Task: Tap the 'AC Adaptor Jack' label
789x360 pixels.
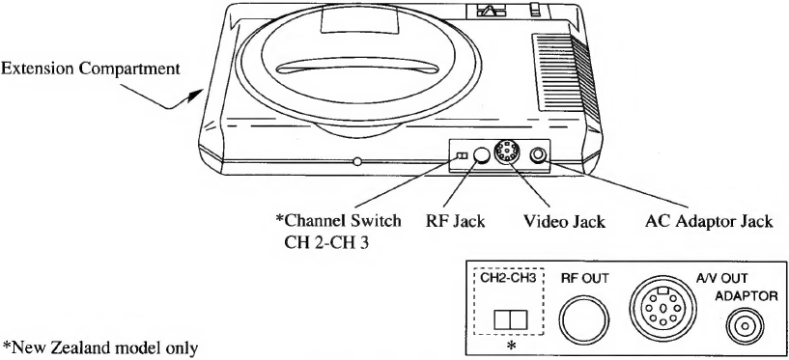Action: [x=710, y=222]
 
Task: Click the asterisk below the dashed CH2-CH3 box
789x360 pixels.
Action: [x=512, y=344]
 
